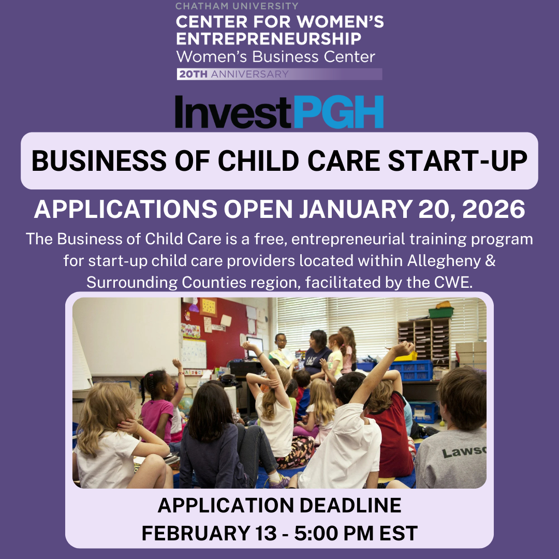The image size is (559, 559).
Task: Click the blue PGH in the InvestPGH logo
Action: (339, 112)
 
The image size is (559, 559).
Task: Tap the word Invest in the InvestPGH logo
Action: (234, 112)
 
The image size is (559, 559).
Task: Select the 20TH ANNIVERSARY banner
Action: (279, 74)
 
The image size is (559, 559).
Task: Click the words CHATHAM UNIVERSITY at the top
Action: (237, 6)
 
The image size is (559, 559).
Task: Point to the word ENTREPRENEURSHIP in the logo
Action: (269, 39)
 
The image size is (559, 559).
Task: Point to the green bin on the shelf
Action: (441, 312)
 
